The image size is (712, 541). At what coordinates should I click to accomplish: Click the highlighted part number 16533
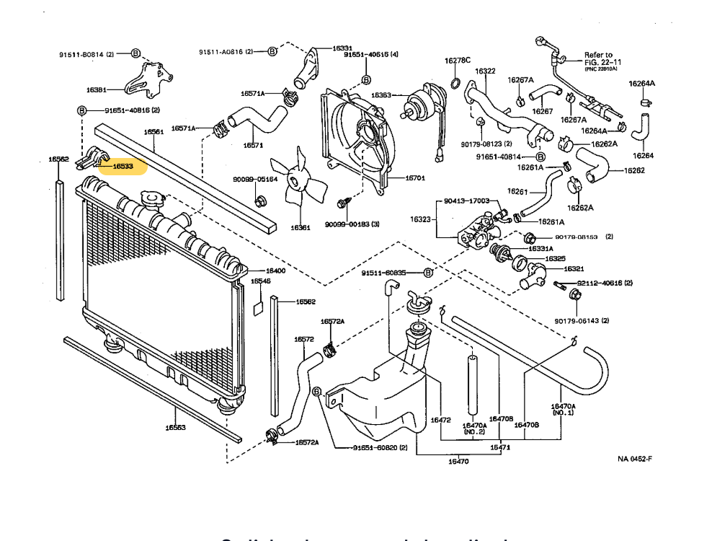(122, 167)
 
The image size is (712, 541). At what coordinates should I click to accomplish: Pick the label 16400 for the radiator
(276, 270)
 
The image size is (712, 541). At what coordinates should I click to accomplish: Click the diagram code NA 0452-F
(634, 458)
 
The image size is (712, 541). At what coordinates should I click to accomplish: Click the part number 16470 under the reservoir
(458, 462)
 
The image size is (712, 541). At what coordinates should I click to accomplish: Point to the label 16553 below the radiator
(175, 428)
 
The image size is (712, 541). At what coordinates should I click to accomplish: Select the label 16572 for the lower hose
(303, 338)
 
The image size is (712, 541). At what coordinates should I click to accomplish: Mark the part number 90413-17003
(466, 201)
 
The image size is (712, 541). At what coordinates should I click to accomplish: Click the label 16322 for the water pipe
(485, 71)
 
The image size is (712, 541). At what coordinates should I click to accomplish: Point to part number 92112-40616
(604, 283)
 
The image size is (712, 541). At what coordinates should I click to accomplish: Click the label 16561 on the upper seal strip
(153, 132)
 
